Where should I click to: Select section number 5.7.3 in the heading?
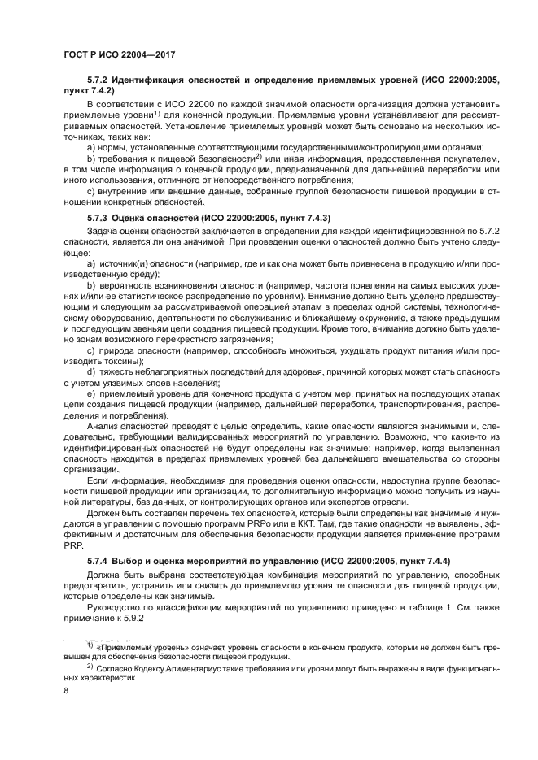(x=98, y=219)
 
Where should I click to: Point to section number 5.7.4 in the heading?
(x=98, y=562)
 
